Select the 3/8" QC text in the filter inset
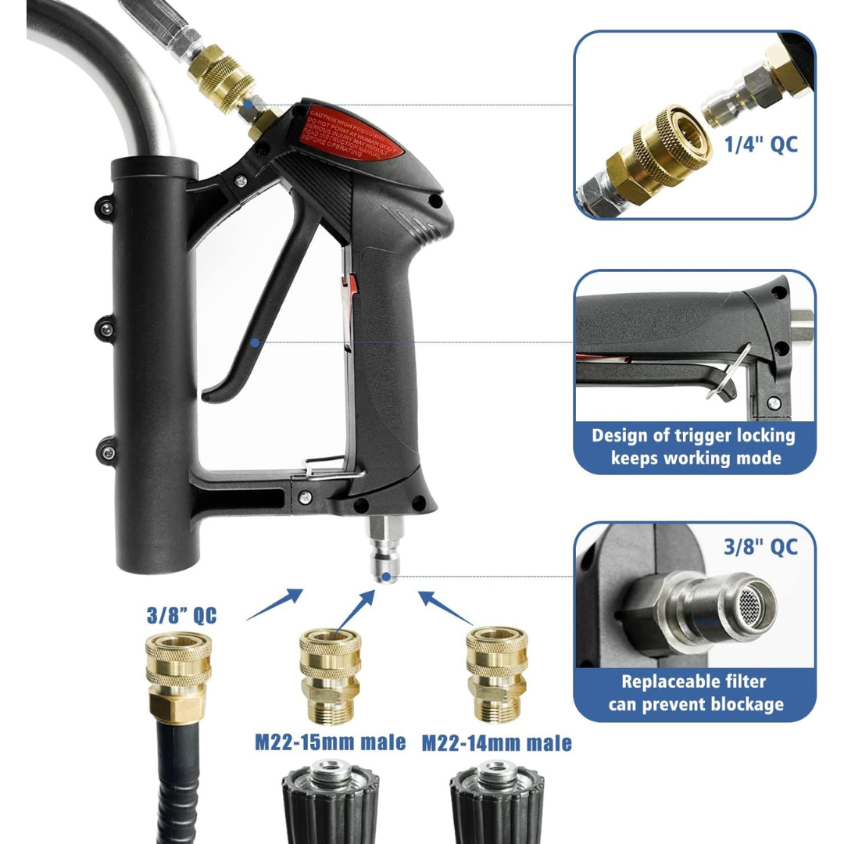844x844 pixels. click(760, 546)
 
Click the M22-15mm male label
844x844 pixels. click(330, 741)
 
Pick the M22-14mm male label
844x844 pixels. click(496, 742)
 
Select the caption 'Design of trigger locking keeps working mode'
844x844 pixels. click(694, 446)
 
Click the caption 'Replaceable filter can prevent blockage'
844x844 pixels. click(694, 692)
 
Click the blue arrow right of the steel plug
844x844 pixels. click(447, 606)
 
